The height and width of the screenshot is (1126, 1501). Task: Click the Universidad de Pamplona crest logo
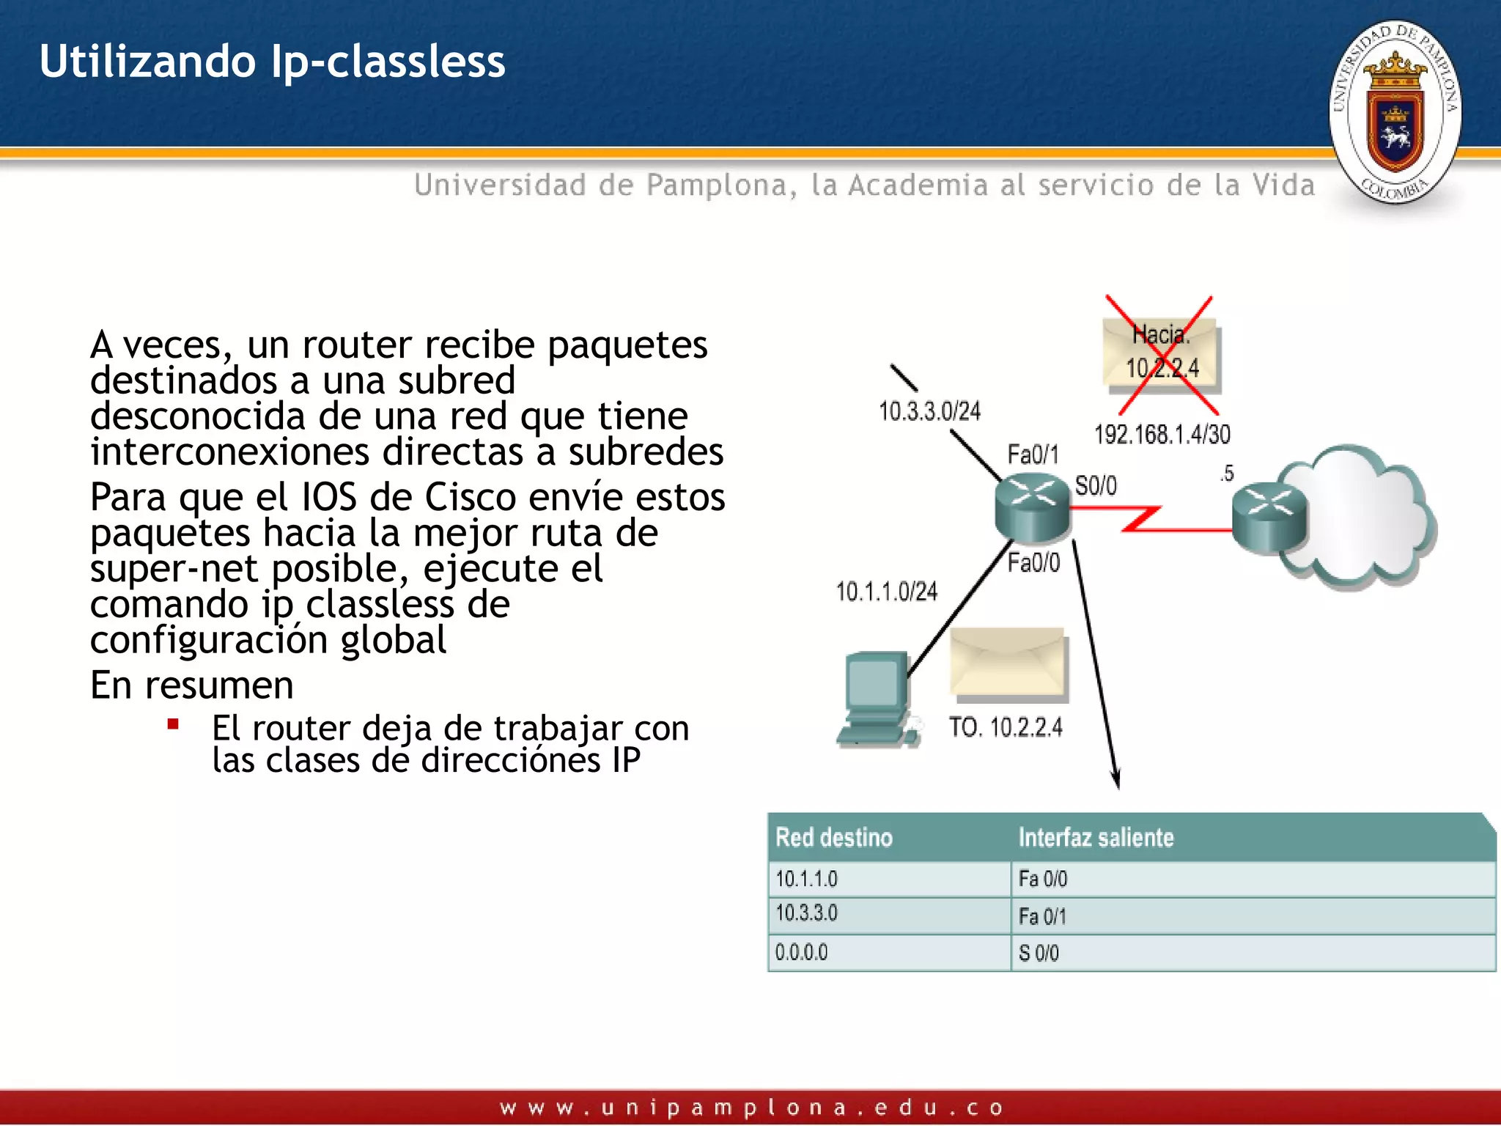click(x=1395, y=111)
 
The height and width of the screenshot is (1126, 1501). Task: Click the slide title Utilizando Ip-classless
click(x=272, y=61)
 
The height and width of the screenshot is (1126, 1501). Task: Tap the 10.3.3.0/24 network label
click(x=929, y=411)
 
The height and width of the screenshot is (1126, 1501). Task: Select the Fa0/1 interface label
click(x=1033, y=455)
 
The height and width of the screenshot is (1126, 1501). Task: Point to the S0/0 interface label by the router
click(x=1096, y=485)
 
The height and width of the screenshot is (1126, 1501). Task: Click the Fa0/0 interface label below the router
click(x=1033, y=562)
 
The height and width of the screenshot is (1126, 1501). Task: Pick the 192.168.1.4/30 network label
click(x=1162, y=434)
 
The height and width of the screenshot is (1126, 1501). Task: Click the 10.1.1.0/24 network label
click(x=886, y=591)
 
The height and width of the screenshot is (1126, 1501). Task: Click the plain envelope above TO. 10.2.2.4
click(x=1008, y=661)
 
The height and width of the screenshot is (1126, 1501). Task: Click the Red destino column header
click(x=833, y=837)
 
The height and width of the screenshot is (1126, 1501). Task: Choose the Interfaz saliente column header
click(x=1096, y=837)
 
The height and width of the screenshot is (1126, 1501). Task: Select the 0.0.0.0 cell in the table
click(x=801, y=952)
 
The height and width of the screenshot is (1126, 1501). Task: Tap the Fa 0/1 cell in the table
click(x=1042, y=916)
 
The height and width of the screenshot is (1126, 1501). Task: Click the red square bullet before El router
click(x=173, y=725)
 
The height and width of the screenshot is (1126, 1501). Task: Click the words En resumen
click(x=191, y=685)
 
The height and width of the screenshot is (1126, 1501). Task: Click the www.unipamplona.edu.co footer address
click(x=750, y=1107)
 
